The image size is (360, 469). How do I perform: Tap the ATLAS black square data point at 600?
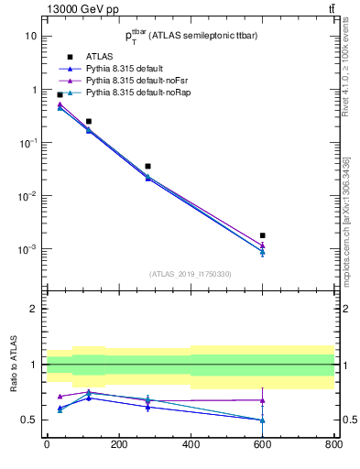pos(263,235)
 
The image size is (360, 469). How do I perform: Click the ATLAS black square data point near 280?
pos(147,166)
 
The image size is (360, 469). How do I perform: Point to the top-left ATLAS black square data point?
pos(60,94)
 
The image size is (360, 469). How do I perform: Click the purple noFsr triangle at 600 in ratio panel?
pos(263,400)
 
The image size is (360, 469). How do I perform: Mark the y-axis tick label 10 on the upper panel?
pos(30,37)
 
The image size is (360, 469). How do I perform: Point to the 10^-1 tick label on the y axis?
pos(28,143)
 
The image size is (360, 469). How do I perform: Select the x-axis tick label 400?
pos(191,445)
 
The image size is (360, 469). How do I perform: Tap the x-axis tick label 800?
pos(334,445)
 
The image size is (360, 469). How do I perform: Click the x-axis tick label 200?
pos(118,445)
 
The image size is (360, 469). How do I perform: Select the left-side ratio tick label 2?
pos(33,310)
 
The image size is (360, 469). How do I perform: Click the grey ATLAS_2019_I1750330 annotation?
pos(190,274)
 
